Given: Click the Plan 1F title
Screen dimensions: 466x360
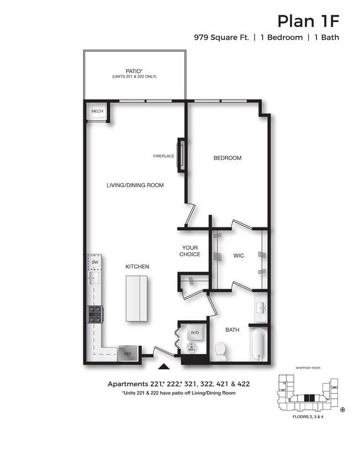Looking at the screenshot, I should click(308, 21).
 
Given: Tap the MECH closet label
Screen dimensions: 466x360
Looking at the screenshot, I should click(97, 112).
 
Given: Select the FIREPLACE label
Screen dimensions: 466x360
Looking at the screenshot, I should click(164, 156).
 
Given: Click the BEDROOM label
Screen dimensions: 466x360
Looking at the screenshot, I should click(227, 158).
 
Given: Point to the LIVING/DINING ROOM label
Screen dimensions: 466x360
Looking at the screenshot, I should click(135, 186).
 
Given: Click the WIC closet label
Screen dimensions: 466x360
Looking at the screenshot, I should click(239, 256).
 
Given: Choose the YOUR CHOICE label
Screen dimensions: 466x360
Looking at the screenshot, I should click(190, 251).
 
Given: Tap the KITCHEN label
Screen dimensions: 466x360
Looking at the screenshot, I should click(137, 267).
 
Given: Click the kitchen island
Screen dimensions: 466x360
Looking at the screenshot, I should click(136, 298).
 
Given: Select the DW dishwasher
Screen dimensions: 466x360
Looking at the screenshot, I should click(95, 262).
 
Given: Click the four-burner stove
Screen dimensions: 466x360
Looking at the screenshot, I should click(94, 314).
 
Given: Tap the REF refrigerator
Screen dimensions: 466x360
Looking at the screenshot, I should click(128, 353).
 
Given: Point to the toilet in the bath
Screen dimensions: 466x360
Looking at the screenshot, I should click(220, 351).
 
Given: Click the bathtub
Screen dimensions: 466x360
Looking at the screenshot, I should click(258, 345).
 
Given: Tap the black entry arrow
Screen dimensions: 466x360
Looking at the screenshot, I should click(163, 366).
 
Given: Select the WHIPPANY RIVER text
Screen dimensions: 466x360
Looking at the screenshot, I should click(308, 368).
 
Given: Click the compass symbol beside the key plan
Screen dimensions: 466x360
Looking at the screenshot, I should click(343, 410).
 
